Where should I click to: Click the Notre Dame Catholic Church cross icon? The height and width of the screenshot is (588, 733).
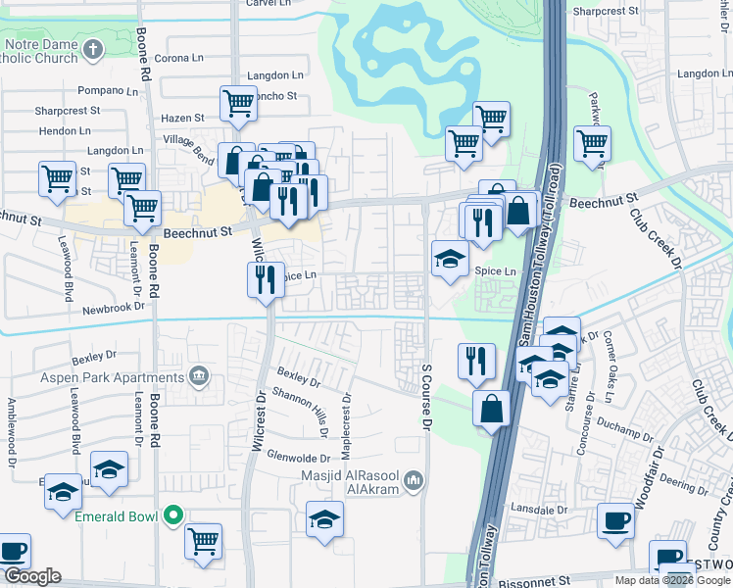pos(92,49)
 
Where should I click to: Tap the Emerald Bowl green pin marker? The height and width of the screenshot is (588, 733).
pos(174,514)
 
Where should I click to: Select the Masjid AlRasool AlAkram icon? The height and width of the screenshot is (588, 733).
pos(414,480)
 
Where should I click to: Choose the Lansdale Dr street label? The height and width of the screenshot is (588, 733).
pos(542,510)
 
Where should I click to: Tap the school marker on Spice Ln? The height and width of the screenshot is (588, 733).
pos(450,259)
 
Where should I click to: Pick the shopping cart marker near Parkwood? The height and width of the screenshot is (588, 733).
pos(593,143)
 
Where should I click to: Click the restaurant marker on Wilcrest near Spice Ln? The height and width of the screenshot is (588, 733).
pos(266,279)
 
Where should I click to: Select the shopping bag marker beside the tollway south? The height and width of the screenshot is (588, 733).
pos(491,407)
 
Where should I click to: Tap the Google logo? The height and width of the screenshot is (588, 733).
pos(31,576)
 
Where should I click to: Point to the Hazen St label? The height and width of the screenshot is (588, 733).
pos(183,118)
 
